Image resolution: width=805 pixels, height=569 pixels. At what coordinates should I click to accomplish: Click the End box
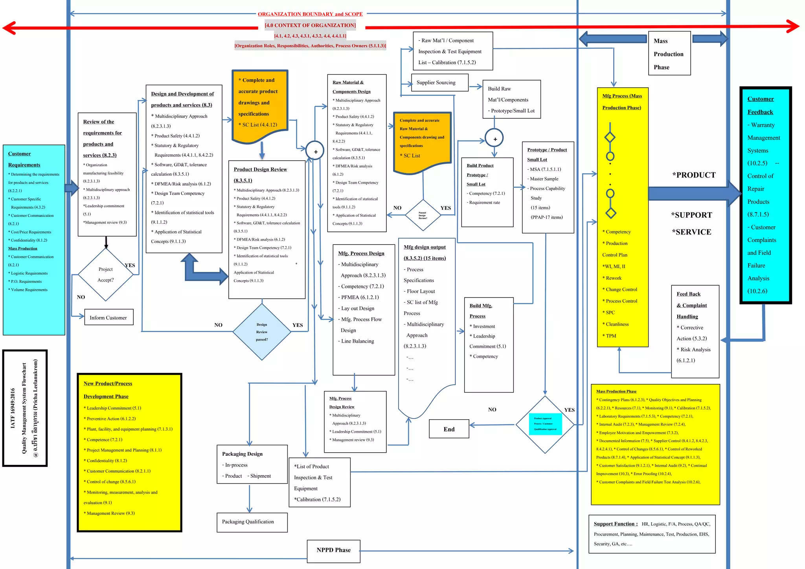pyautogui.click(x=449, y=429)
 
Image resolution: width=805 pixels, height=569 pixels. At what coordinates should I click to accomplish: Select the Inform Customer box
pyautogui.click(x=108, y=318)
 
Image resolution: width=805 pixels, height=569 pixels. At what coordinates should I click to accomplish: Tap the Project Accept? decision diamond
pyautogui.click(x=106, y=275)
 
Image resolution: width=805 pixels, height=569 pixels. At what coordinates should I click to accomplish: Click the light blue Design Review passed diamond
pyautogui.click(x=262, y=332)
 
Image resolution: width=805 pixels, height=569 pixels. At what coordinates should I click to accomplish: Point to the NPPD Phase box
pyautogui.click(x=333, y=550)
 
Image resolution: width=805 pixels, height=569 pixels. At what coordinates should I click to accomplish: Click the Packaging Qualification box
pyautogui.click(x=252, y=522)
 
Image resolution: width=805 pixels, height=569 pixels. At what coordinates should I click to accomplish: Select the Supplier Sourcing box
pyautogui.click(x=439, y=83)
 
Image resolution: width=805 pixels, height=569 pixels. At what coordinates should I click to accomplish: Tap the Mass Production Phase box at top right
pyautogui.click(x=669, y=54)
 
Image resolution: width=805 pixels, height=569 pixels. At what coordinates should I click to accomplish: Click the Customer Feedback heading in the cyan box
pyautogui.click(x=760, y=105)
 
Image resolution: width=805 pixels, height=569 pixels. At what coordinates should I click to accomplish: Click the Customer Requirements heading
pyautogui.click(x=24, y=159)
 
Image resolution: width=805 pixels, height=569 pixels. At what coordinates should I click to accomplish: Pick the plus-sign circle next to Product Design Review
pyautogui.click(x=315, y=151)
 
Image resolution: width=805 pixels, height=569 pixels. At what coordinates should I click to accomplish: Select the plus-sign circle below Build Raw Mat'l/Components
pyautogui.click(x=494, y=139)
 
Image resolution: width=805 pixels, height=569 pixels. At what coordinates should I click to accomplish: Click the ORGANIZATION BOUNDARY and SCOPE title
pyautogui.click(x=310, y=14)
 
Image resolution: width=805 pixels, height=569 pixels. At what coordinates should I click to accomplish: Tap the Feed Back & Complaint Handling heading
pyautogui.click(x=692, y=305)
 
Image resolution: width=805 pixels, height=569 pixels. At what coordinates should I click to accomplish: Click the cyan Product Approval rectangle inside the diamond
pyautogui.click(x=545, y=424)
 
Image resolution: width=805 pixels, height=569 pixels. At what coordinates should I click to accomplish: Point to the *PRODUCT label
pyautogui.click(x=694, y=175)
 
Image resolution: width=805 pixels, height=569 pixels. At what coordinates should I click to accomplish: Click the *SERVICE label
pyautogui.click(x=691, y=232)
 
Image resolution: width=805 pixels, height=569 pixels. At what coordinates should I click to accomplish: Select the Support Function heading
pyautogui.click(x=615, y=524)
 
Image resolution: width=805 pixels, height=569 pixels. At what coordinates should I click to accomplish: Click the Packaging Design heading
pyautogui.click(x=242, y=454)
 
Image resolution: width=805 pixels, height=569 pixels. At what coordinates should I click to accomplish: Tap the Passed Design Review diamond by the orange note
pyautogui.click(x=423, y=215)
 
